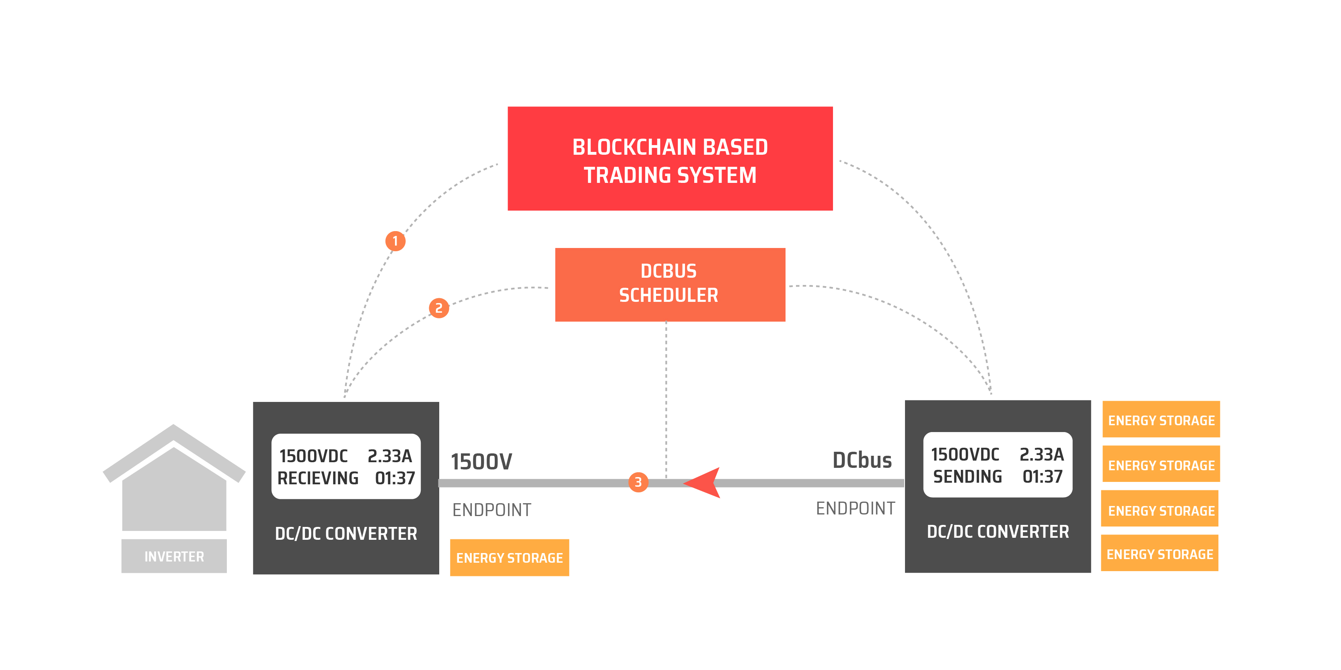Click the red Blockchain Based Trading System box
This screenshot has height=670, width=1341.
[670, 159]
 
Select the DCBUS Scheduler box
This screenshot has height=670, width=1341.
[670, 284]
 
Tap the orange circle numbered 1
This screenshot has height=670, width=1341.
[395, 241]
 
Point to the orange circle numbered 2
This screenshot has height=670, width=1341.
[439, 308]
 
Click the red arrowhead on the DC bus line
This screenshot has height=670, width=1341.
[704, 483]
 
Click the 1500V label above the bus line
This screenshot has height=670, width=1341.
[481, 461]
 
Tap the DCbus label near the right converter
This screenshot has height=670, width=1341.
[862, 460]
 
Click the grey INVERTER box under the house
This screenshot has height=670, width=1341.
[174, 556]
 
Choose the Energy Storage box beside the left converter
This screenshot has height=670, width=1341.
[509, 557]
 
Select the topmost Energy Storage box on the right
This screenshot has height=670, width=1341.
[1161, 420]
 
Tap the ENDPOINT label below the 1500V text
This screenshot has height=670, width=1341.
[492, 510]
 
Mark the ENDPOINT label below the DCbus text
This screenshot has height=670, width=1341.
[855, 508]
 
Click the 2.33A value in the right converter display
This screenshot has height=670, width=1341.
[1041, 455]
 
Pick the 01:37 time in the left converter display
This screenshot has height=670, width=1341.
[395, 478]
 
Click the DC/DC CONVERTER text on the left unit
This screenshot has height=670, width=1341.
[346, 533]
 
